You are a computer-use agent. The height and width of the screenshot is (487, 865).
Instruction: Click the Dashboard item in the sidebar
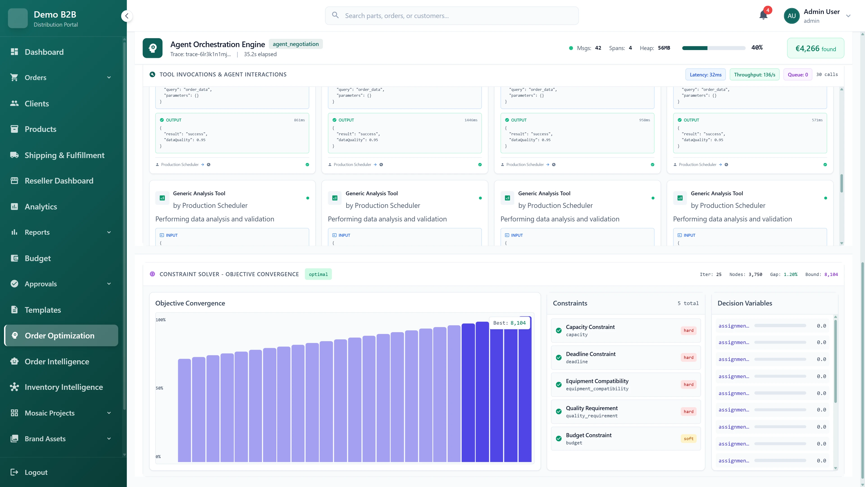[x=44, y=52]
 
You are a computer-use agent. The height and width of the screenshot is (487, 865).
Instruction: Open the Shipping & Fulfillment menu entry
[x=64, y=155]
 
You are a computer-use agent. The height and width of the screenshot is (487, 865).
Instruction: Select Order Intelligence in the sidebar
[x=57, y=362]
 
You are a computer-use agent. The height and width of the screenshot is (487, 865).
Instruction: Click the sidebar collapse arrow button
[x=127, y=16]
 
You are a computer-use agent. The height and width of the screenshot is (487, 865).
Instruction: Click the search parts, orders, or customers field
[x=452, y=16]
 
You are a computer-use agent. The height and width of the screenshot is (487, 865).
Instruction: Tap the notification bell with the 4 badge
[x=763, y=15]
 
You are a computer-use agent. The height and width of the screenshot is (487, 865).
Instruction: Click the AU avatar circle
[x=792, y=16]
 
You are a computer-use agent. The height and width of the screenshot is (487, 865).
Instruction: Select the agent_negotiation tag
[x=296, y=44]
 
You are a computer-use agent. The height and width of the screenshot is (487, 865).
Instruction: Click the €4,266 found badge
[x=815, y=48]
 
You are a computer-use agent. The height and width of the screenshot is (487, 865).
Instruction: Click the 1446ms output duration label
[x=471, y=120]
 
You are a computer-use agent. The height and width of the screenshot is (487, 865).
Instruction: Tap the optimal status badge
[x=318, y=274]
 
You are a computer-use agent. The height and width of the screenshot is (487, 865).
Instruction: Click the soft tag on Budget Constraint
[x=688, y=439]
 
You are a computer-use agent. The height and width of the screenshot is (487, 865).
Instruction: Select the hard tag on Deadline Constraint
[x=688, y=358]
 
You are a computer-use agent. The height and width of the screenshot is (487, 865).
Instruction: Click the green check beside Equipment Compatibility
[x=559, y=384]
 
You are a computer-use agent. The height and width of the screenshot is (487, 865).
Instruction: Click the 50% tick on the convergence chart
[x=159, y=388]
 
